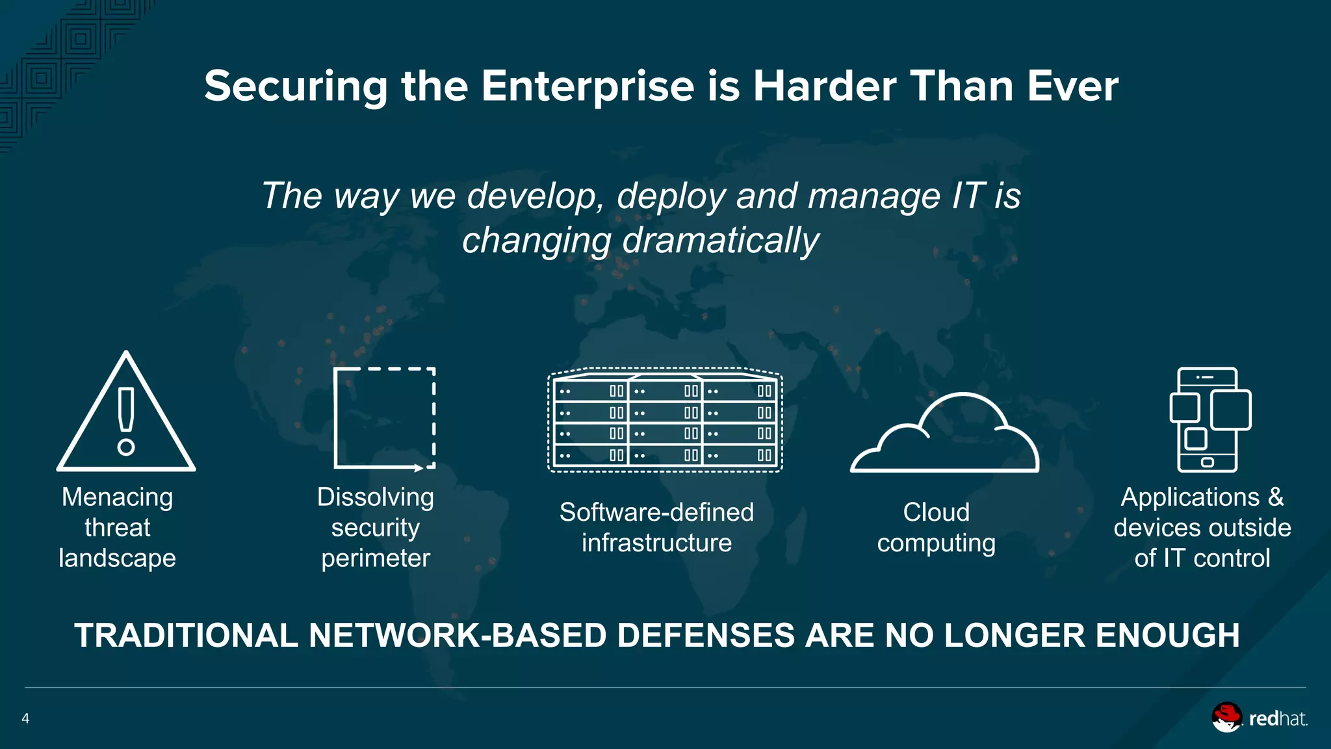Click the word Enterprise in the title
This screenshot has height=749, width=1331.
588,86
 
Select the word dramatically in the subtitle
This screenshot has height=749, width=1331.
721,240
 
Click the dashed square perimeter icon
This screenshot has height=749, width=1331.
384,418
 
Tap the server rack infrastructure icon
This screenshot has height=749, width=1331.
665,419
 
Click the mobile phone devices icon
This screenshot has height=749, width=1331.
1209,419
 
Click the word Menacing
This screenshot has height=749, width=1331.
118,497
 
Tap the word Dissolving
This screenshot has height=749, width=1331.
376,497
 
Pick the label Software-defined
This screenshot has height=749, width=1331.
656,512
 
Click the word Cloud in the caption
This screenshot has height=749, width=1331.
936,512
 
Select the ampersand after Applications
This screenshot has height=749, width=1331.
1276,497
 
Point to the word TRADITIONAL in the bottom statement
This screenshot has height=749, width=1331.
186,636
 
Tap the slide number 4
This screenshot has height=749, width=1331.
25,718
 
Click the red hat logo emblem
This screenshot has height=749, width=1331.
1226,717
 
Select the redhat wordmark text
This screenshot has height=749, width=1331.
1278,718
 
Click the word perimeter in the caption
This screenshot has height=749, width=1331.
376,558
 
